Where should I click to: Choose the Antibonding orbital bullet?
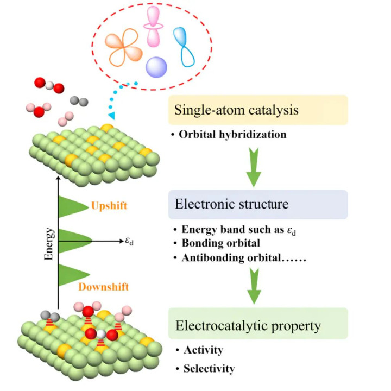[238, 258]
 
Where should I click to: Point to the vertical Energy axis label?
[48, 246]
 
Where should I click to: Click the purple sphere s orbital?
[156, 67]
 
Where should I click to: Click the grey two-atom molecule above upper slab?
[80, 102]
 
